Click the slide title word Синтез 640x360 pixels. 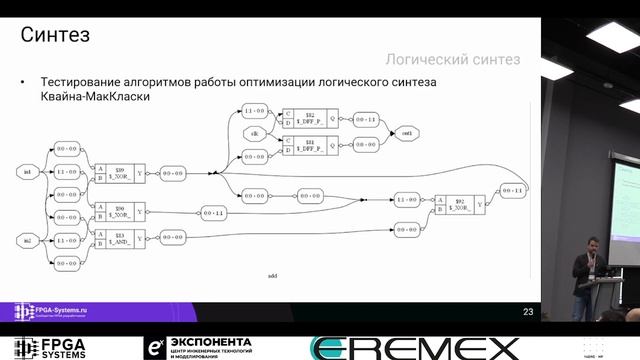coord(57,36)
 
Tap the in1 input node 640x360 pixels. coord(27,172)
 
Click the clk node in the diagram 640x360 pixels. coord(255,133)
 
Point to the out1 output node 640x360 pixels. coord(407,133)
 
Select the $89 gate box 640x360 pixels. coord(120,172)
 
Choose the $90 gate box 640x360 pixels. coord(120,212)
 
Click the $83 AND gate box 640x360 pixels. coord(120,236)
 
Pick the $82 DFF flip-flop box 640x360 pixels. coord(311,120)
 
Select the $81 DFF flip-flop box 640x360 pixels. coord(311,145)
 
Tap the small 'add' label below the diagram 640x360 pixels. coord(273,274)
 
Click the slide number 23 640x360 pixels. coord(527,312)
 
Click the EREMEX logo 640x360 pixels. coord(415,348)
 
